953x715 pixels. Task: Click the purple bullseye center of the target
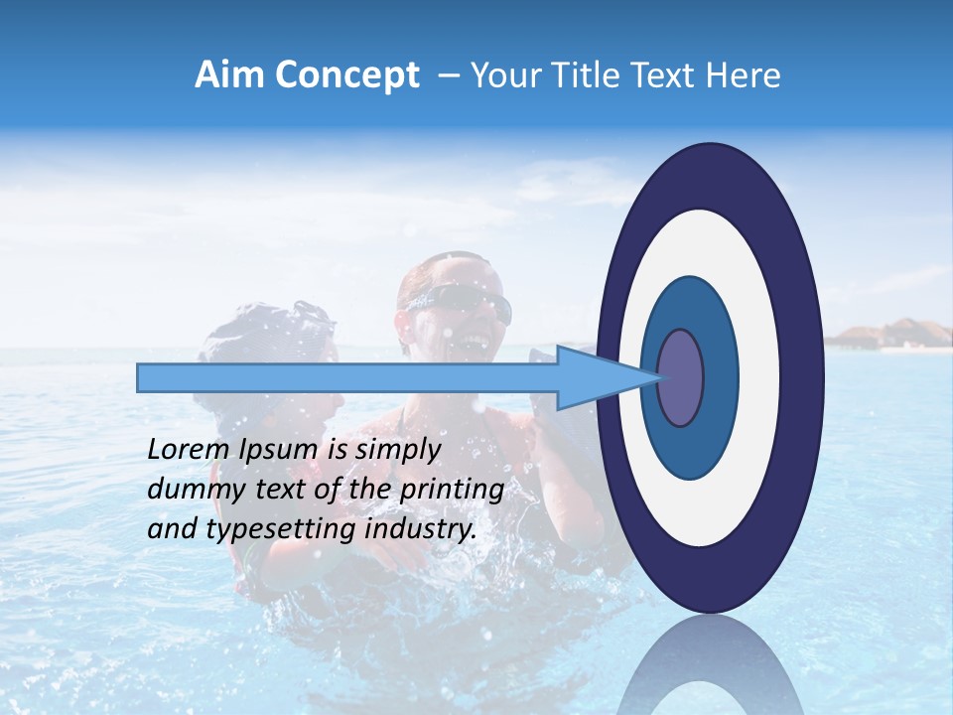(x=680, y=378)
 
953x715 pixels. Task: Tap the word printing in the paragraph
(x=452, y=491)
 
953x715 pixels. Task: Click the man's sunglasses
(x=462, y=301)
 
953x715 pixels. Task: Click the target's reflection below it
(x=710, y=665)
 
